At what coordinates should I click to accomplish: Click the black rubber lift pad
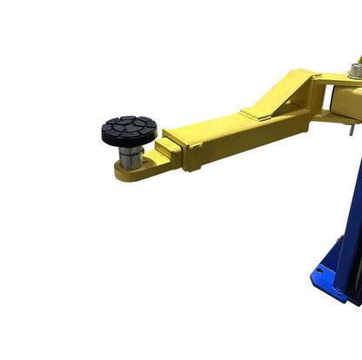pyautogui.click(x=129, y=130)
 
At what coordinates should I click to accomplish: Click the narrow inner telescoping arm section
pyautogui.click(x=171, y=154)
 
